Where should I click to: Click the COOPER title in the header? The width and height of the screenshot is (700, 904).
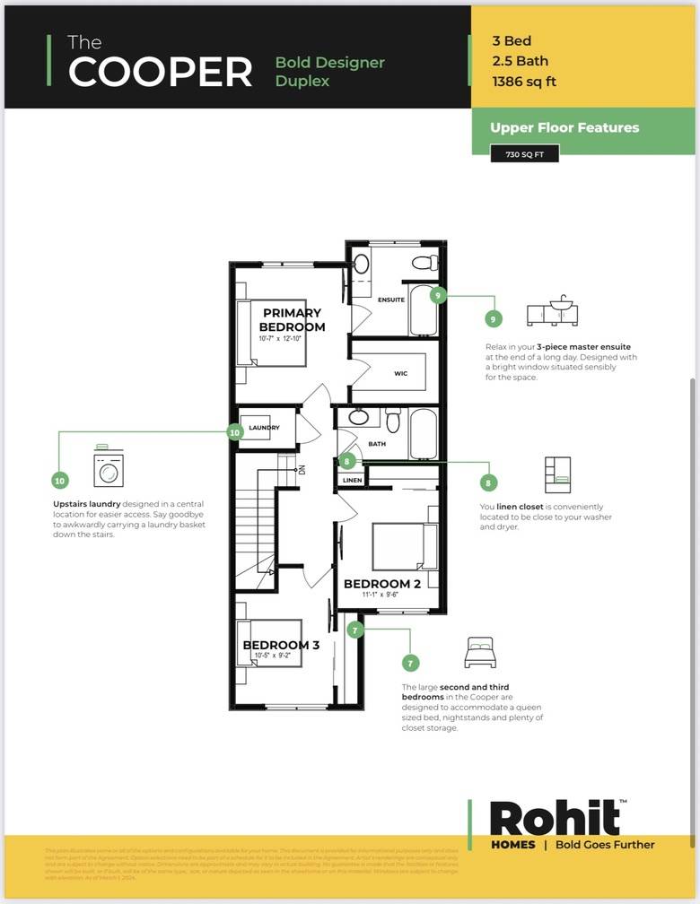tap(161, 73)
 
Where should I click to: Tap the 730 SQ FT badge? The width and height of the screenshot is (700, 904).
tap(524, 154)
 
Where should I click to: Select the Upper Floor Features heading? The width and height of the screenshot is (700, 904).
tap(564, 127)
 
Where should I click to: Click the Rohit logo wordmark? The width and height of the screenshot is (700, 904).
tap(555, 817)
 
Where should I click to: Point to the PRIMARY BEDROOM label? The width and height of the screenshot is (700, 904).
tap(292, 319)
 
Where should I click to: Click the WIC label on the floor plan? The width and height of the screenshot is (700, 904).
tap(400, 373)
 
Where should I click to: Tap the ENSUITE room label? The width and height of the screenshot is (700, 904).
tap(390, 300)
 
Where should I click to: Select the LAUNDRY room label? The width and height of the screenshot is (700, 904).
tap(264, 428)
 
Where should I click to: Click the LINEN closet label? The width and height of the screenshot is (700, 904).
tap(353, 481)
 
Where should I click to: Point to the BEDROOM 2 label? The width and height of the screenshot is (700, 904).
tap(382, 584)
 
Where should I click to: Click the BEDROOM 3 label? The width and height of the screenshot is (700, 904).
tap(281, 645)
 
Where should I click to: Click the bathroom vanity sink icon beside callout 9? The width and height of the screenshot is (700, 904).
tap(553, 310)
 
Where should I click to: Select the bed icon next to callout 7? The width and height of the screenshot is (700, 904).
tap(480, 653)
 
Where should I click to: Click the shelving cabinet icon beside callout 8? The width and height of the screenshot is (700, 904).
tap(556, 474)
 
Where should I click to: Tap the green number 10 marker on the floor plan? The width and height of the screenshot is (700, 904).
tap(234, 431)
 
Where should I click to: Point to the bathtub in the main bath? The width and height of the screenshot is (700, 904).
tap(423, 433)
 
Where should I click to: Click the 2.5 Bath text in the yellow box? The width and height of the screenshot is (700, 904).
tap(520, 61)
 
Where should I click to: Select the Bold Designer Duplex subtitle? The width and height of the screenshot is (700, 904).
tap(329, 72)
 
